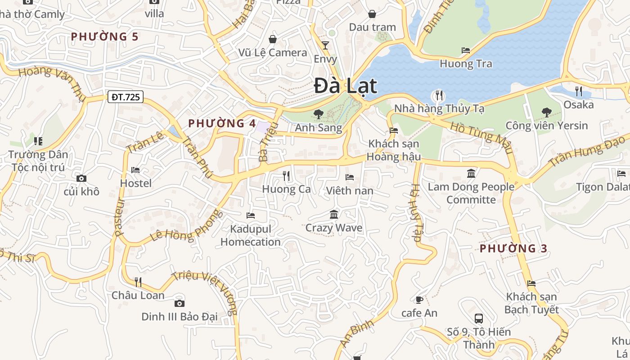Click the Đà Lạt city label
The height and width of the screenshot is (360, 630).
point(345,85)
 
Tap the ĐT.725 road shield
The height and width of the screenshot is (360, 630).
point(125,97)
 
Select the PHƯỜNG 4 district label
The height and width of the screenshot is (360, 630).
point(222,123)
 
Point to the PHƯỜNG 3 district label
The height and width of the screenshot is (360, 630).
point(513,248)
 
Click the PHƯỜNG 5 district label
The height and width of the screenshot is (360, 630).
point(104,36)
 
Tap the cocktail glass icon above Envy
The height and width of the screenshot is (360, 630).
point(325,45)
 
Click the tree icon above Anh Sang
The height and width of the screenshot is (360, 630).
point(318,114)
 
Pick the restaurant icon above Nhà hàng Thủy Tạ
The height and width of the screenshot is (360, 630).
point(438,95)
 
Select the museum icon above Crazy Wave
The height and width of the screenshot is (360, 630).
point(334,214)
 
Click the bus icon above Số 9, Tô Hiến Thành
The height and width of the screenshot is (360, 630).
point(479,319)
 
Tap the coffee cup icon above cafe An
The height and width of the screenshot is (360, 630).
point(419,300)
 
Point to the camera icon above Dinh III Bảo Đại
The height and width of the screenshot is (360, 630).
point(179,303)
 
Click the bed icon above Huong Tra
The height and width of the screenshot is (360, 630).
point(466,50)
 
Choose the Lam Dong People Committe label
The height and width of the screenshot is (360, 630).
point(471,193)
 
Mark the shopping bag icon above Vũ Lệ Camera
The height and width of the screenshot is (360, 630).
point(272,39)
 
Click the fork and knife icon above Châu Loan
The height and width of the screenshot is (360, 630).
point(138,282)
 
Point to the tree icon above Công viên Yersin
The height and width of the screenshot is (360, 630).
point(547,112)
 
